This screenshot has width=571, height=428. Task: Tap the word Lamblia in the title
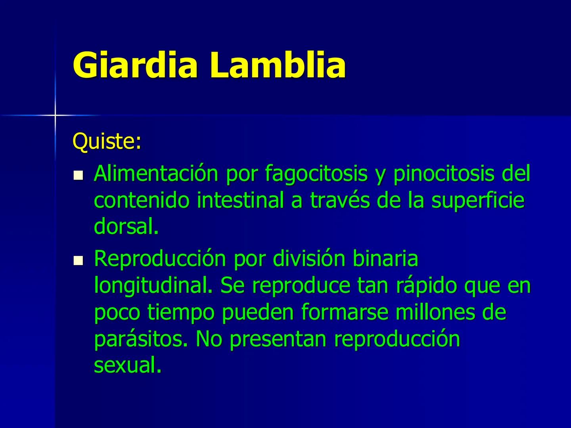coord(278,65)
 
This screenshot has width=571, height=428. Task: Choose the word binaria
coord(385,259)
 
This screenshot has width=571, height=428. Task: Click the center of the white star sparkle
coord(55,115)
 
